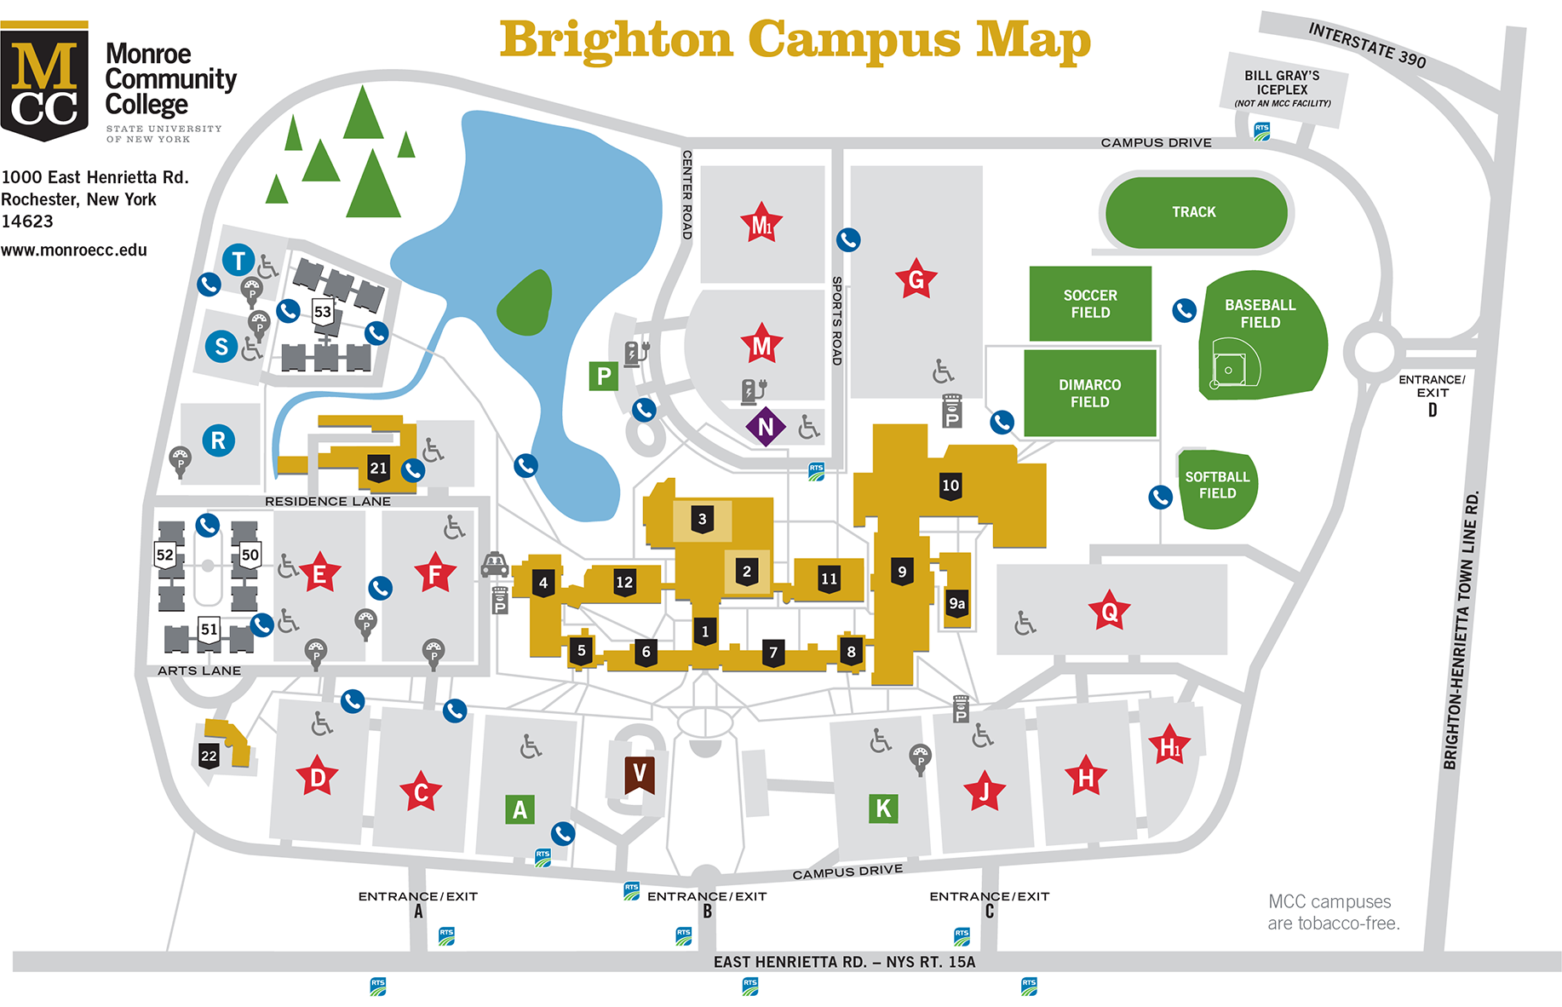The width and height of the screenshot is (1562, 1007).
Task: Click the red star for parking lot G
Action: pyautogui.click(x=916, y=279)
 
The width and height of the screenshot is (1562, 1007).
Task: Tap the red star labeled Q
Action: pyautogui.click(x=1109, y=611)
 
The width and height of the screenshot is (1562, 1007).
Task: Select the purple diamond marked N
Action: pyautogui.click(x=765, y=426)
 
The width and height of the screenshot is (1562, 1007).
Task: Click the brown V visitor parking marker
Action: pyautogui.click(x=639, y=774)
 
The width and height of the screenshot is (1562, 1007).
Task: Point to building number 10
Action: pyautogui.click(x=950, y=486)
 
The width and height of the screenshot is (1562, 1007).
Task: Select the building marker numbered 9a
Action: pyautogui.click(x=957, y=604)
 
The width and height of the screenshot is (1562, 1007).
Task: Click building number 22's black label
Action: pyautogui.click(x=209, y=756)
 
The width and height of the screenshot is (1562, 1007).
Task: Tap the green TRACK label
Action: pyautogui.click(x=1194, y=212)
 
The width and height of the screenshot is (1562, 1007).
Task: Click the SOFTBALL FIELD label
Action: pyautogui.click(x=1217, y=486)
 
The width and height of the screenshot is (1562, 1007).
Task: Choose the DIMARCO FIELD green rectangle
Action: pyautogui.click(x=1089, y=394)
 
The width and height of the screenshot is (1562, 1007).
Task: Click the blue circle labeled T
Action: pyautogui.click(x=238, y=260)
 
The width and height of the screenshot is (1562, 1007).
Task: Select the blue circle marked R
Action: pyautogui.click(x=218, y=440)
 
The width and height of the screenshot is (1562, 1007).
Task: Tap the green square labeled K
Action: pyautogui.click(x=883, y=808)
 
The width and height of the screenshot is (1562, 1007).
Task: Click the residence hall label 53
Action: pyautogui.click(x=323, y=312)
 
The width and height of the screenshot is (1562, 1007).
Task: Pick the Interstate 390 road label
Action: pyautogui.click(x=1367, y=45)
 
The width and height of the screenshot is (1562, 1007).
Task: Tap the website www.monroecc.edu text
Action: pyautogui.click(x=74, y=250)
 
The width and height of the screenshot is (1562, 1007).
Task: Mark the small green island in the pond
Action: pyautogui.click(x=526, y=303)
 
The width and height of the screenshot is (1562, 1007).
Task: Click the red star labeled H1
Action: pyautogui.click(x=1169, y=746)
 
